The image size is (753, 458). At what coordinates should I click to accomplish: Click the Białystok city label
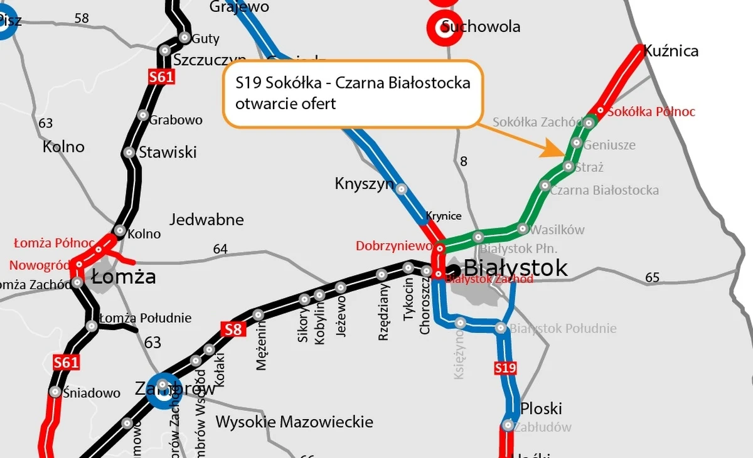click(x=516, y=267)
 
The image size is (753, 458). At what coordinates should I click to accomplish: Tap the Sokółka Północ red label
click(x=651, y=112)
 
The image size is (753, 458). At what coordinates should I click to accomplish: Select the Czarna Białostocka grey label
click(x=604, y=189)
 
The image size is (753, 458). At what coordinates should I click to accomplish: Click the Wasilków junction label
click(x=557, y=230)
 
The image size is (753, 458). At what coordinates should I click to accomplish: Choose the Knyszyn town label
click(x=365, y=184)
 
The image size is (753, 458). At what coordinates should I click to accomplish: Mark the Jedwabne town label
click(x=206, y=220)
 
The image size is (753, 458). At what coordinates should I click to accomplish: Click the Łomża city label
click(x=124, y=277)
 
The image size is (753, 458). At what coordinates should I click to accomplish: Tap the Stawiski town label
click(x=168, y=152)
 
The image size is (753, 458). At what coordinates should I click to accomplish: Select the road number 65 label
click(x=653, y=277)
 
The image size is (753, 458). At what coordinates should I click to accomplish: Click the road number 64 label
click(x=220, y=249)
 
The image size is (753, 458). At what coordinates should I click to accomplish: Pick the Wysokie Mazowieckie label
click(x=294, y=422)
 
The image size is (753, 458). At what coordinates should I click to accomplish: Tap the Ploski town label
click(x=541, y=408)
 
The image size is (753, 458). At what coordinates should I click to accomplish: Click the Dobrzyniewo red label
click(x=394, y=246)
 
